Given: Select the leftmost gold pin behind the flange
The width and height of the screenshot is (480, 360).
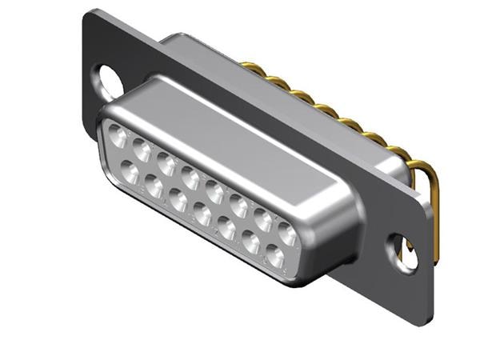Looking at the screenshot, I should pyautogui.click(x=255, y=70).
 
